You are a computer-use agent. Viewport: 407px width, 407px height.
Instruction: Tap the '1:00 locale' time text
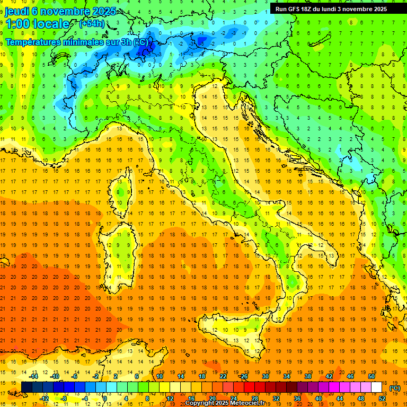37,24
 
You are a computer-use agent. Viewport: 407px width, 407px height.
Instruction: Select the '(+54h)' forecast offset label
92,24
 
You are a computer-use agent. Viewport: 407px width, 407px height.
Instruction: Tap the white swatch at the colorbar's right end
376,387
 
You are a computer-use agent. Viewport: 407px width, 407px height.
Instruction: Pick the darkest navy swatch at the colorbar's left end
26,387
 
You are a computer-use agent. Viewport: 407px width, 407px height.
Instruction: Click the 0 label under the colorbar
105,399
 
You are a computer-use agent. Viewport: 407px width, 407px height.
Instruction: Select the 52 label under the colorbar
382,399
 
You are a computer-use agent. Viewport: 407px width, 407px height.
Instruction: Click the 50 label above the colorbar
371,376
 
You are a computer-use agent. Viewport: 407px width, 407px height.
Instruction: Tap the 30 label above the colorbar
265,376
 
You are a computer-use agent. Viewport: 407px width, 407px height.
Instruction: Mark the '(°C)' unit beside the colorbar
395,388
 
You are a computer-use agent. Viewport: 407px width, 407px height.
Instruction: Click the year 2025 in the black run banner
378,9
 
